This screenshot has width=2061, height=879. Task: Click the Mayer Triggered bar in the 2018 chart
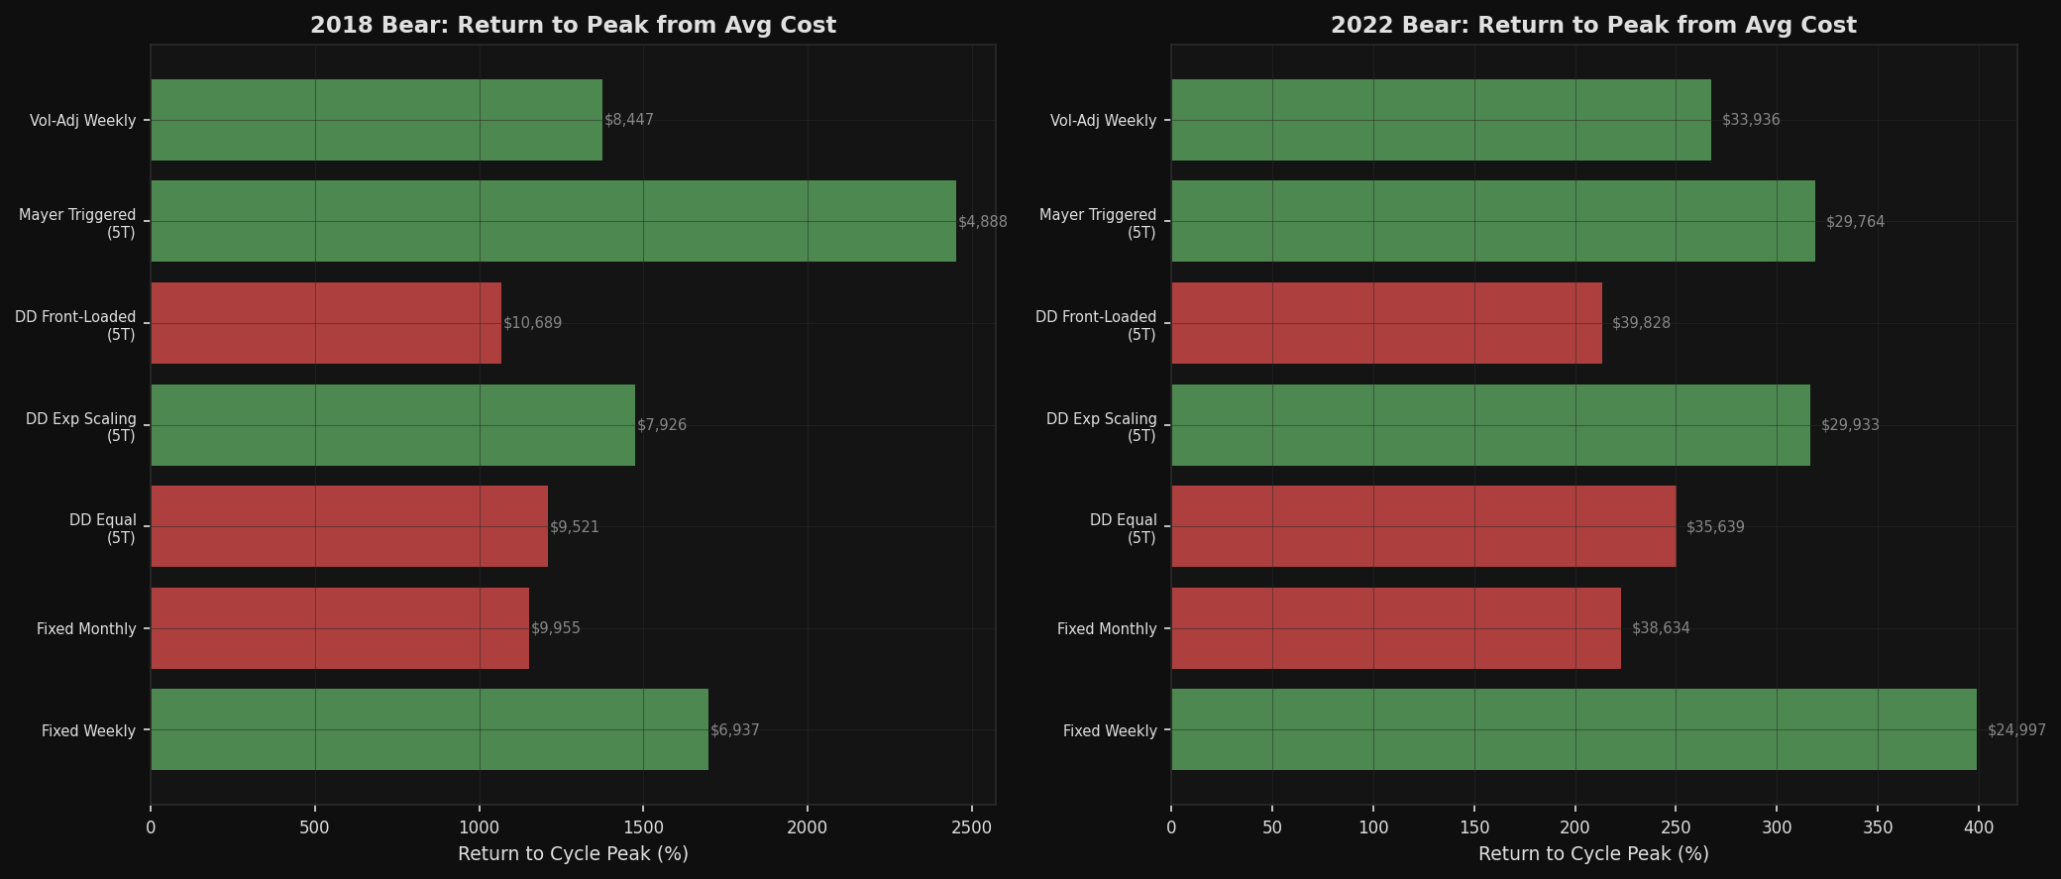[553, 221]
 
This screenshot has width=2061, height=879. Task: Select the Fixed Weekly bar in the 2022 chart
[1573, 729]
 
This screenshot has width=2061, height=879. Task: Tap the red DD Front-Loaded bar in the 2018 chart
[326, 323]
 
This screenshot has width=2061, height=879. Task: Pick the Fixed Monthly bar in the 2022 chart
[1395, 628]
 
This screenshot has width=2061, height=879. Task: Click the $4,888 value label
[982, 222]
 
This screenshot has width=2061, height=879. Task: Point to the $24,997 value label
[2015, 730]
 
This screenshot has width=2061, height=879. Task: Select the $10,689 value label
[532, 323]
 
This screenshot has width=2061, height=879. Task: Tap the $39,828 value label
[1641, 323]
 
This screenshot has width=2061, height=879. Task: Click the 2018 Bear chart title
[573, 25]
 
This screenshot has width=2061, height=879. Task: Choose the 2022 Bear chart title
[1593, 25]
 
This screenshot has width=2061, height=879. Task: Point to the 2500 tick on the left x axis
[971, 827]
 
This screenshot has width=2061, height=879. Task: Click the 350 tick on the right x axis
[1878, 827]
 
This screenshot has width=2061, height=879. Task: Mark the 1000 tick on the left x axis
[480, 827]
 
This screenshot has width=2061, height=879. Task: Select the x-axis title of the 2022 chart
[1593, 854]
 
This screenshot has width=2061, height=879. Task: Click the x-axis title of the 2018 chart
[573, 854]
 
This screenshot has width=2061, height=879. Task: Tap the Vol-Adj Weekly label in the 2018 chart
[82, 121]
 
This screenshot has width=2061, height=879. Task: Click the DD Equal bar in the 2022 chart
[1423, 526]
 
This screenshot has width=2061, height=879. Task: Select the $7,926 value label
[661, 425]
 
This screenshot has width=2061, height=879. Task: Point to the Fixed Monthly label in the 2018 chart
[86, 629]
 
